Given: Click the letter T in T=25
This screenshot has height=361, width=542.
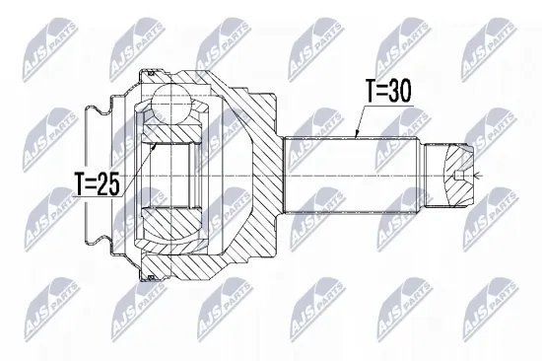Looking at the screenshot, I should (78, 183).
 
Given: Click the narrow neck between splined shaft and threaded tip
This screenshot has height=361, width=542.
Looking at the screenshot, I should (419, 176).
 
